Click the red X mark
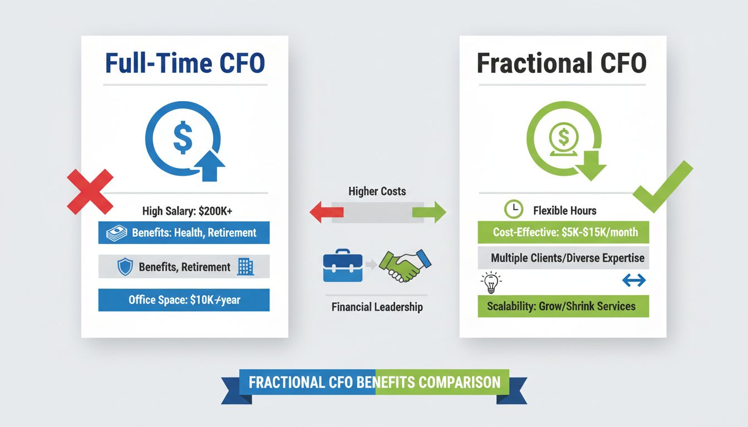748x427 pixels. click(90, 192)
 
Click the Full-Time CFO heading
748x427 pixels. click(185, 64)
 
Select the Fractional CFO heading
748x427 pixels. click(562, 64)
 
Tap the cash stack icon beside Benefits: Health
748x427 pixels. click(116, 233)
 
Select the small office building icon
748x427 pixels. click(245, 267)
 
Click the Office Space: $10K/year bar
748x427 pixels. click(184, 300)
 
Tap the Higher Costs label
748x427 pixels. click(377, 191)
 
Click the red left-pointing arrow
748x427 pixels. click(326, 212)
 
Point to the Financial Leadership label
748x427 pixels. click(377, 307)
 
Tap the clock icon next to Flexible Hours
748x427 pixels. click(513, 210)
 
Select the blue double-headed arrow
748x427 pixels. click(633, 281)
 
